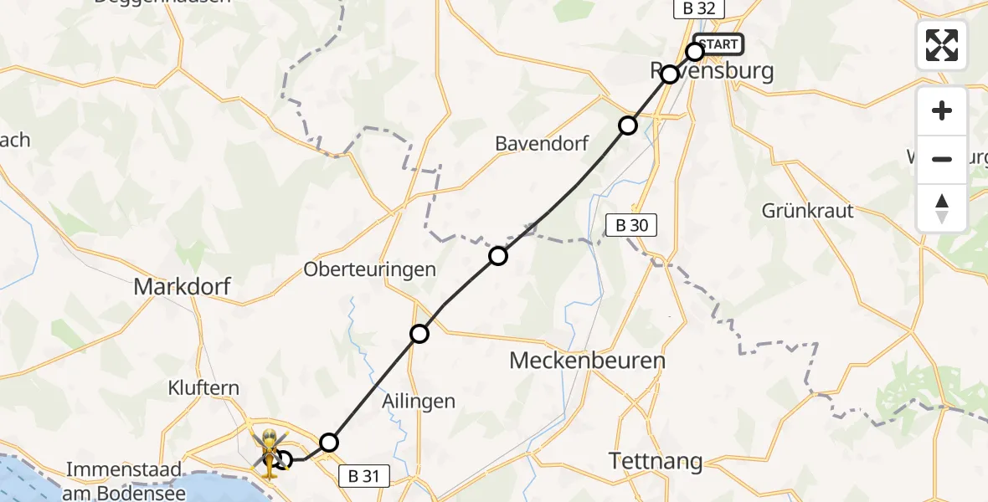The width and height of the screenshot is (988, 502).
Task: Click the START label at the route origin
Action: [x=718, y=44]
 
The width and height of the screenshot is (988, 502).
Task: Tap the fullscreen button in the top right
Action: [x=942, y=45]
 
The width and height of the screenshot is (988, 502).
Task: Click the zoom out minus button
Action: [x=942, y=159]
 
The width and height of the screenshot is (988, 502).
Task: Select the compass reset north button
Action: [x=942, y=207]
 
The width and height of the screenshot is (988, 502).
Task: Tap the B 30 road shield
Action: [x=631, y=224]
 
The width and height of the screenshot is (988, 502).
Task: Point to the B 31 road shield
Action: [x=364, y=477]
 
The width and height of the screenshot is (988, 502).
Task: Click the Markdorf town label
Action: [x=182, y=288]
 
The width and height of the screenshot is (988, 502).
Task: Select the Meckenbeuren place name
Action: [x=588, y=361]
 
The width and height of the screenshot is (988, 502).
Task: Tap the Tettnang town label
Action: [x=655, y=460]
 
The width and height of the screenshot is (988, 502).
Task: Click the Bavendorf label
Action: [x=542, y=143]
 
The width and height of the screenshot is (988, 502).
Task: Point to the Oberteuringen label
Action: [x=369, y=269]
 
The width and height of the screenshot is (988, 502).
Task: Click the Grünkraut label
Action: [x=807, y=210]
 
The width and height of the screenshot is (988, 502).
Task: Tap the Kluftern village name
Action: [x=203, y=388]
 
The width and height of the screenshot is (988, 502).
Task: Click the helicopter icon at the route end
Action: [x=270, y=452]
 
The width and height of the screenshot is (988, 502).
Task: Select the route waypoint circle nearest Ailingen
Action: [x=419, y=334]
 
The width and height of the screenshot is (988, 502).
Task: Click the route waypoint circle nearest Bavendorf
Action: [x=627, y=125]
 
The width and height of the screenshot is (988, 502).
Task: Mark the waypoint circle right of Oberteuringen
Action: [x=498, y=255]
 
